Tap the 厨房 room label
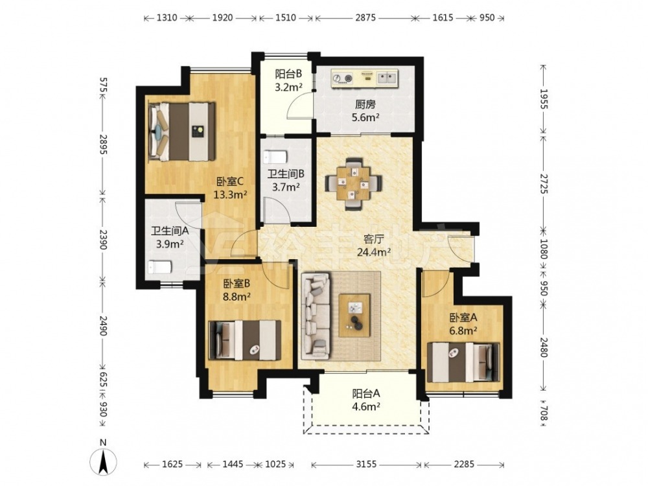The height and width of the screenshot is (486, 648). point(365,104)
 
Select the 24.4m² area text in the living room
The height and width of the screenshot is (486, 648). point(374,251)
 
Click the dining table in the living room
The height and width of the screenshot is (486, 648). point(353,183)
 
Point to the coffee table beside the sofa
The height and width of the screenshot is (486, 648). point(354,316)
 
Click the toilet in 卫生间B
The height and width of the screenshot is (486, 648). point(275,157)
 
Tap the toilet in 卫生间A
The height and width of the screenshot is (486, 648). point(159,266)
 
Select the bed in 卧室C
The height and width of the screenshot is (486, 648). point(182,131)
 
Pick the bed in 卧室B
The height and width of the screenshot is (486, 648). point(245,340)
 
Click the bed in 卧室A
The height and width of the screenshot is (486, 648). point(463,362)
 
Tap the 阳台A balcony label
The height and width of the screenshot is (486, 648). point(365,393)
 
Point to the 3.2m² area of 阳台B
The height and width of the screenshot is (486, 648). point(289,87)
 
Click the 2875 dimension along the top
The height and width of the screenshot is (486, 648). point(365,17)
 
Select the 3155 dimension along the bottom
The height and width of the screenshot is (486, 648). point(366,464)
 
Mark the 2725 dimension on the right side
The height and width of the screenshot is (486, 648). point(544,183)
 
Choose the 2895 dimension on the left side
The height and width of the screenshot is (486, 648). point(103,145)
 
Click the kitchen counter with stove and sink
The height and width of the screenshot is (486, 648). point(364,78)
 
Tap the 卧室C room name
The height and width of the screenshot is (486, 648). point(230,181)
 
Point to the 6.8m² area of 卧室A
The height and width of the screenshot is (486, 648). point(463,330)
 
